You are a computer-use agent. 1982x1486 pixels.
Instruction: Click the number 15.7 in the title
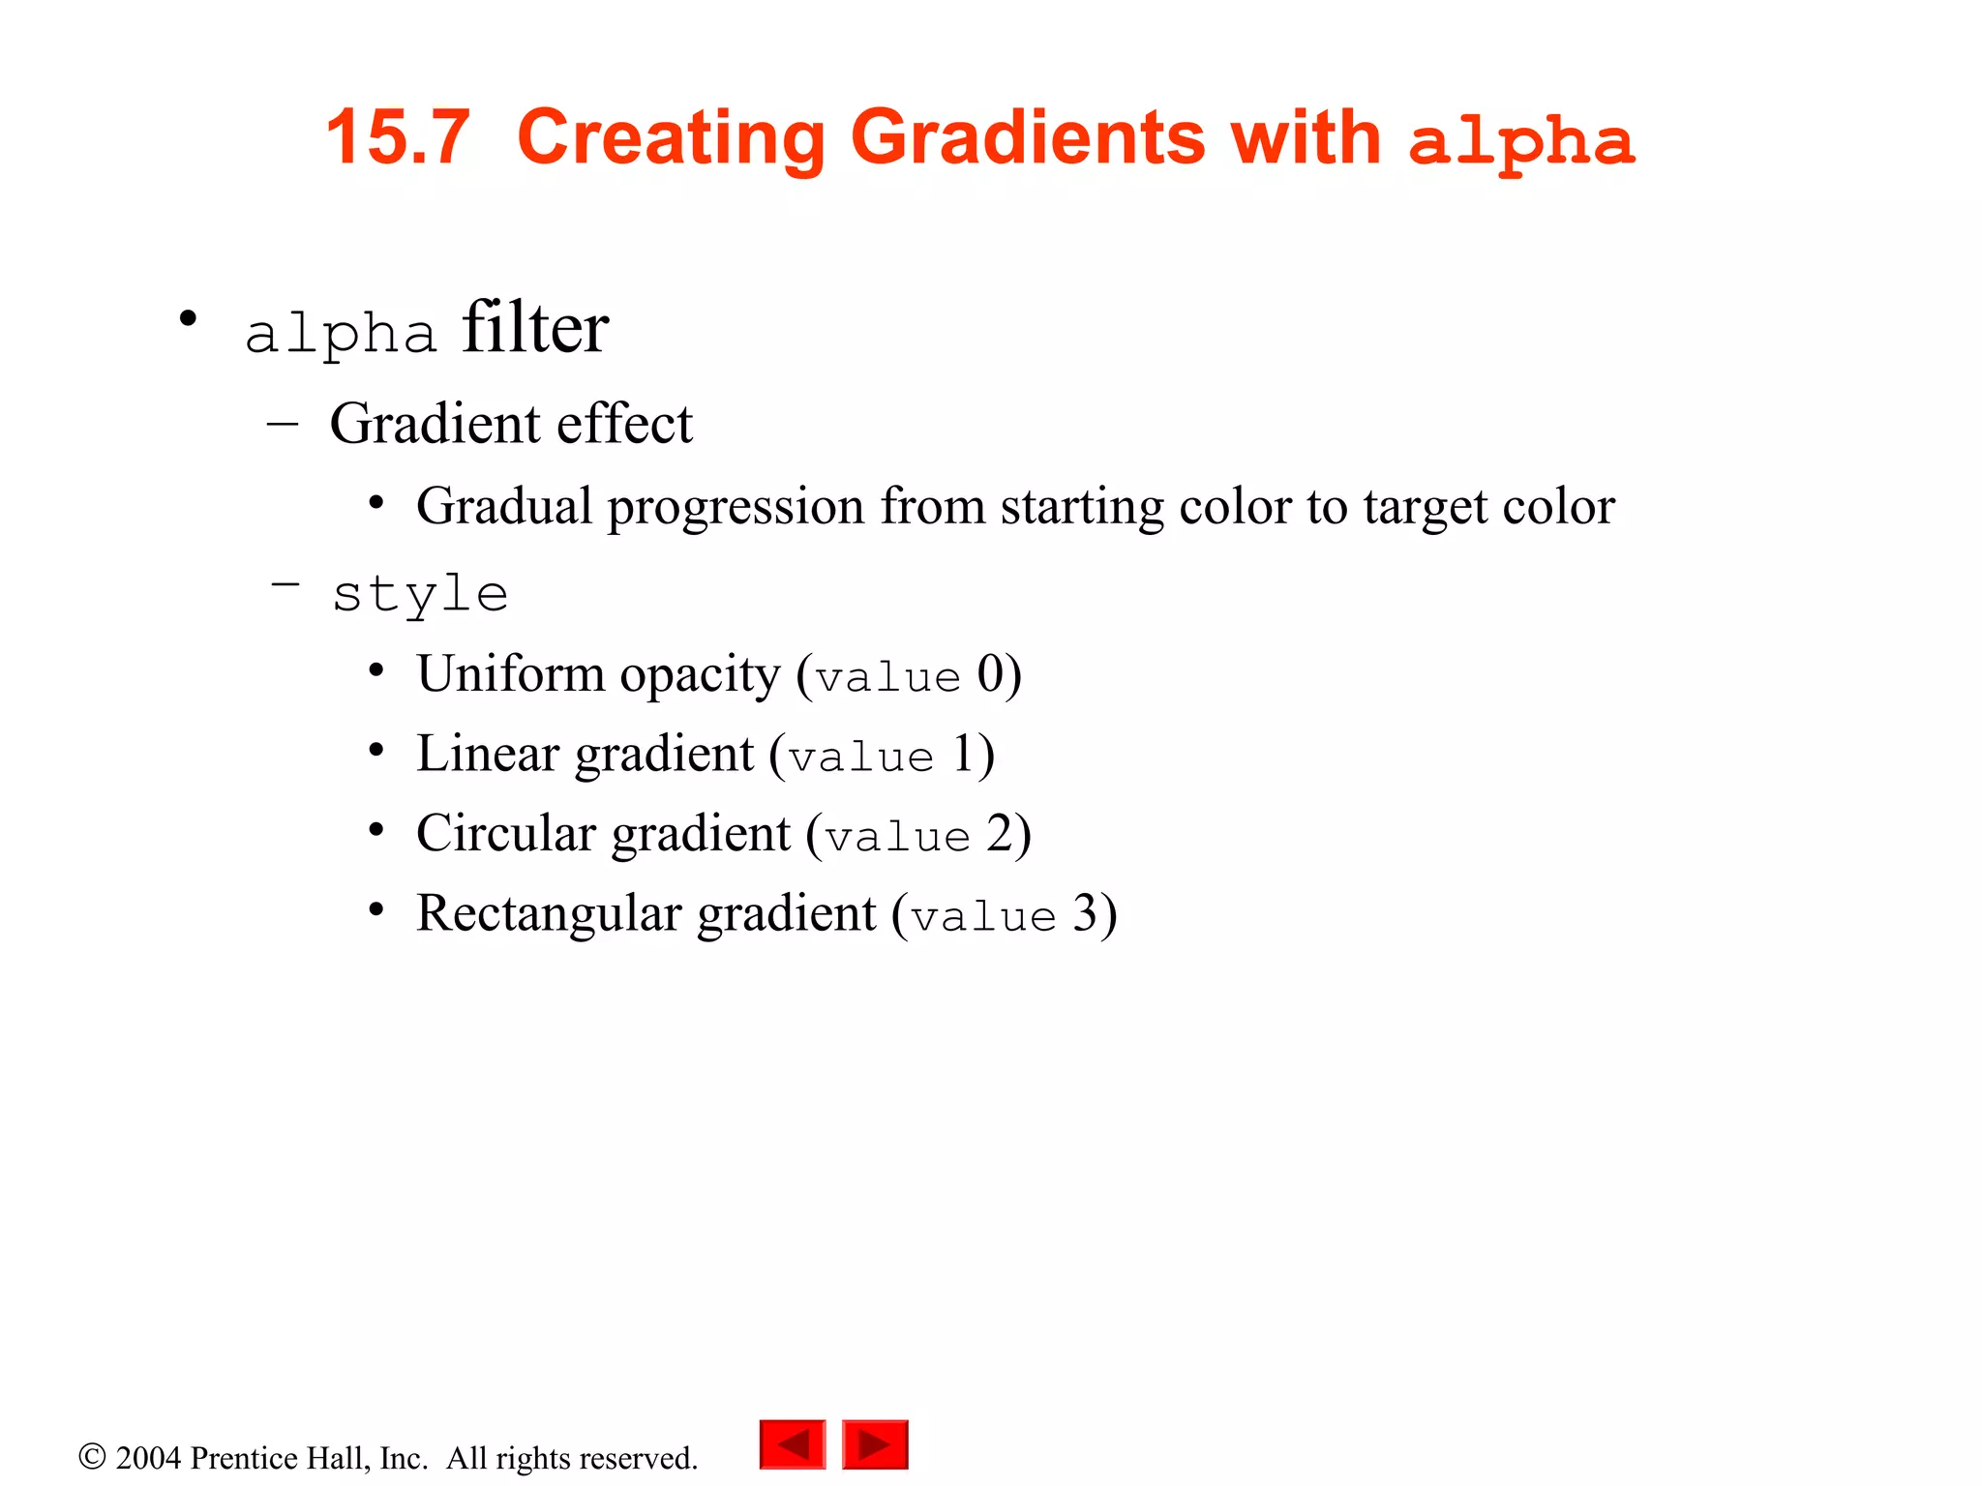pyautogui.click(x=398, y=137)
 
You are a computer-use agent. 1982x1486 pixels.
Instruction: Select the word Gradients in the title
pyautogui.click(x=1029, y=137)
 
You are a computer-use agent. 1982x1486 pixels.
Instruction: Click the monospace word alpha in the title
pyautogui.click(x=1521, y=141)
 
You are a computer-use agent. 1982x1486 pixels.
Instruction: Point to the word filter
pyautogui.click(x=535, y=329)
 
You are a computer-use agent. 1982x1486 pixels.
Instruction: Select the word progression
pyautogui.click(x=736, y=507)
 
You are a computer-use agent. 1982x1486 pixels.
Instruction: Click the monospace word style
pyautogui.click(x=420, y=593)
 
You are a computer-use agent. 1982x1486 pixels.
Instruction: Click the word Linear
pyautogui.click(x=488, y=754)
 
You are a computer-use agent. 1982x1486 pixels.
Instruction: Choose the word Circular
pyautogui.click(x=506, y=833)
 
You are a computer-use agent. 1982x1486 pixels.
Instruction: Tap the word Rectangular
pyautogui.click(x=549, y=913)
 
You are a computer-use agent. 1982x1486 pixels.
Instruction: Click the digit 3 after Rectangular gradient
pyautogui.click(x=1085, y=913)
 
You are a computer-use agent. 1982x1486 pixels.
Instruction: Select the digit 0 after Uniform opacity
pyautogui.click(x=990, y=673)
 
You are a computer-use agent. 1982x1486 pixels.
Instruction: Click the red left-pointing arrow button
pyautogui.click(x=793, y=1444)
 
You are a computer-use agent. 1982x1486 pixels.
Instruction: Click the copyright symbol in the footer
pyautogui.click(x=92, y=1457)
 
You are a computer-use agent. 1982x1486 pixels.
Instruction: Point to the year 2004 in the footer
pyautogui.click(x=148, y=1458)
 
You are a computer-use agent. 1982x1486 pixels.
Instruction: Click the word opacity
pyautogui.click(x=699, y=675)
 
